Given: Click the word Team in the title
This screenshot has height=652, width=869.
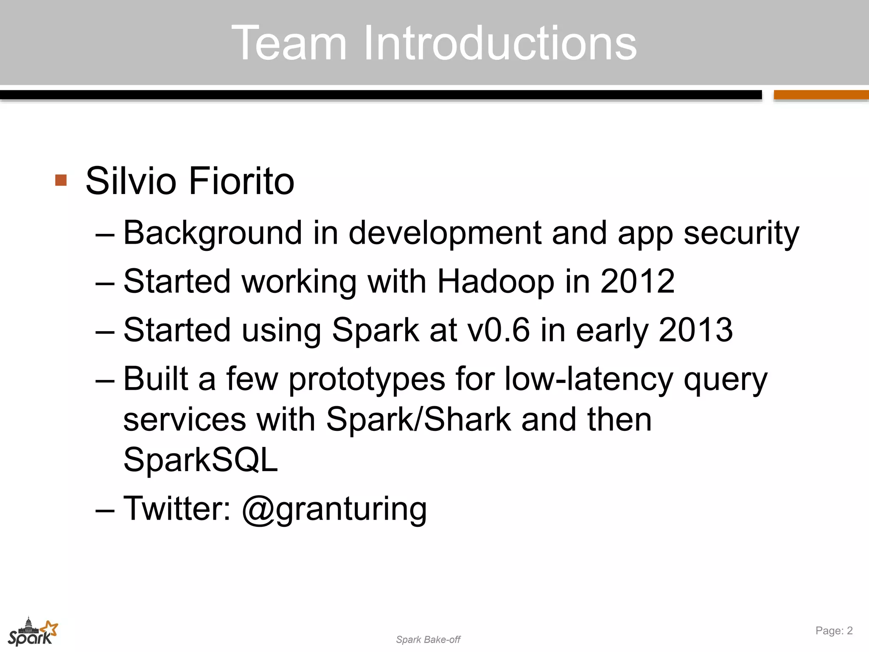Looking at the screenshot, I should pyautogui.click(x=289, y=43).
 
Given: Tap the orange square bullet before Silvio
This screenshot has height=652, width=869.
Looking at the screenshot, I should pyautogui.click(x=61, y=180).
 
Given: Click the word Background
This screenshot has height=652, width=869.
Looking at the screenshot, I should pyautogui.click(x=213, y=233).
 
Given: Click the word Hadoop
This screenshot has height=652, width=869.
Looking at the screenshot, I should pyautogui.click(x=495, y=281).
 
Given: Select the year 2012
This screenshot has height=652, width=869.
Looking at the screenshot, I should pyautogui.click(x=637, y=281).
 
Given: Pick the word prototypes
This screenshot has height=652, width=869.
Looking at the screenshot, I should pyautogui.click(x=367, y=379).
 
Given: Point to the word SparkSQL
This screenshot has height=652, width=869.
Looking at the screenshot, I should pyautogui.click(x=200, y=460).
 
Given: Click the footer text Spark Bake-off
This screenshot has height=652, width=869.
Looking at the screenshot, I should pyautogui.click(x=428, y=640).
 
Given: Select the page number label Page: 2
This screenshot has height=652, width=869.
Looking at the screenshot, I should pyautogui.click(x=834, y=631).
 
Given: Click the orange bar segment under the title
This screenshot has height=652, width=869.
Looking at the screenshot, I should pyautogui.click(x=821, y=95).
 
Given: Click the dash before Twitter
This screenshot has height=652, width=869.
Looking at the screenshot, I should pyautogui.click(x=105, y=509).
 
